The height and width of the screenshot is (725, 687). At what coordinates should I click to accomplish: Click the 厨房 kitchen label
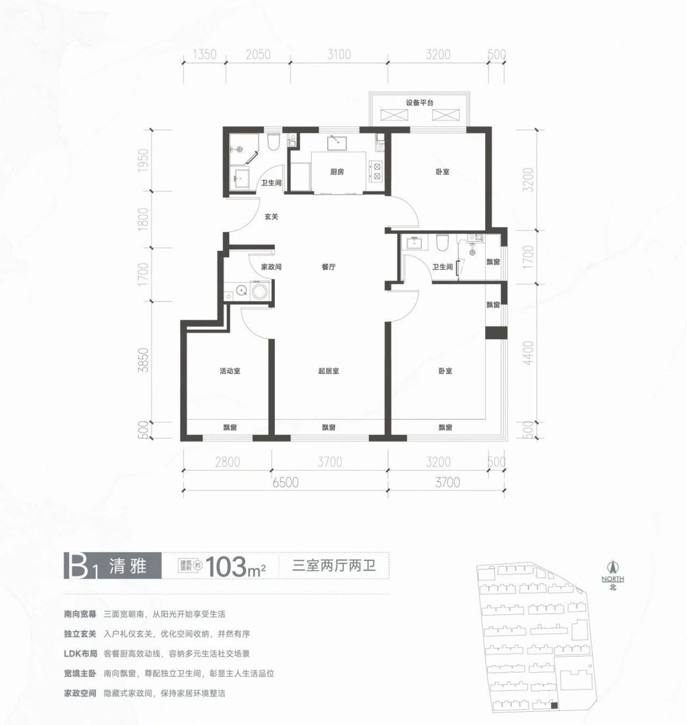[x=337, y=172]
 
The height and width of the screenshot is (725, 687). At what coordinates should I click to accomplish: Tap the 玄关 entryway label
[x=272, y=217]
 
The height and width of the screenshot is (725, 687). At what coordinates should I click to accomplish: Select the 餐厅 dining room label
[x=329, y=267]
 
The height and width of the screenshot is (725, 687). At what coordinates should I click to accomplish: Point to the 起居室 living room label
[x=329, y=371]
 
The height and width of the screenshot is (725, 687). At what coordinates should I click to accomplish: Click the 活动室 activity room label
[x=230, y=371]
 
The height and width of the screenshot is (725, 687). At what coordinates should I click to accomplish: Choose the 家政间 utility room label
[x=272, y=267]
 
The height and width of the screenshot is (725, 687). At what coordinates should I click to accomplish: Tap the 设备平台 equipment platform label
[x=419, y=103]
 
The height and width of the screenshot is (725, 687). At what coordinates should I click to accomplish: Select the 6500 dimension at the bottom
[x=285, y=482]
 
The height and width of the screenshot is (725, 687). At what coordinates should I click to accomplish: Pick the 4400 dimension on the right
[x=529, y=353]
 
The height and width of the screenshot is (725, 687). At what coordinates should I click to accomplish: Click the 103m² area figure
[x=236, y=566]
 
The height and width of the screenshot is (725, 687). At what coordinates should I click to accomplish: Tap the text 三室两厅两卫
[x=334, y=566]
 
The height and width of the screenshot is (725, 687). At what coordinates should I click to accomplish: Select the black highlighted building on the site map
[x=554, y=706]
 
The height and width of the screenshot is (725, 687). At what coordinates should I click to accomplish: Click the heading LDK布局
[x=81, y=654]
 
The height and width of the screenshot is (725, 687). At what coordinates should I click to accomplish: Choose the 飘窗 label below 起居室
[x=329, y=427]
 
